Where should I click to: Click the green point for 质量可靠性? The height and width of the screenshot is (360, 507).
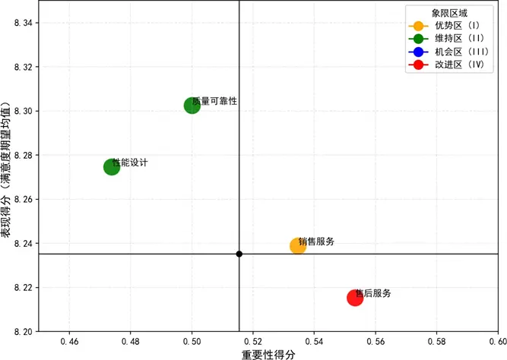[x=192, y=106]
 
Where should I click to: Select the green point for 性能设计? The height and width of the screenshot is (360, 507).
[x=112, y=167]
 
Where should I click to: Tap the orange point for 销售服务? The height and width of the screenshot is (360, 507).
[x=298, y=245]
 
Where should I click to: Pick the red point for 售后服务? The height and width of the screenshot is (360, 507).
[x=355, y=297]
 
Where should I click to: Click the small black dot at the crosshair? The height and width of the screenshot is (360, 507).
[x=239, y=254]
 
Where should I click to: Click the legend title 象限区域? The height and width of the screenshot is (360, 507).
[x=449, y=13]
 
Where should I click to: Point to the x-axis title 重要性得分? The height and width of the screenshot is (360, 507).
[x=268, y=353]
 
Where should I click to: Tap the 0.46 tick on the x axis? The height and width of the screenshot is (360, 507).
[x=69, y=342]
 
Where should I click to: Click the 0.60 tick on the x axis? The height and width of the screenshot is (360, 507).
[x=498, y=342]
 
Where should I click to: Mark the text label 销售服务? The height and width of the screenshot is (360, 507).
[x=317, y=242]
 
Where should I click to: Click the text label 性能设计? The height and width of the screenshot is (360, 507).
[x=131, y=163]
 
